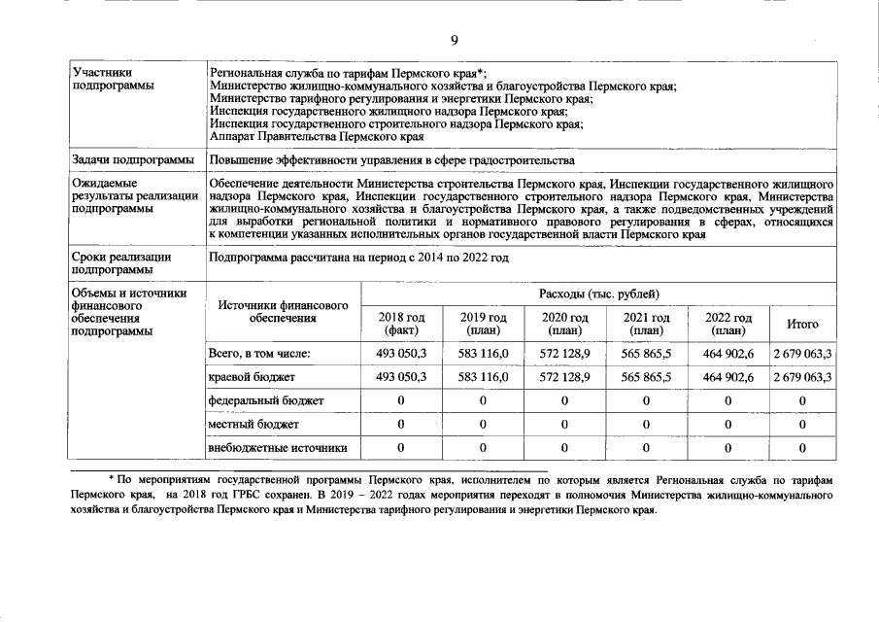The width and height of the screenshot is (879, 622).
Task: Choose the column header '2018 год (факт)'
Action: tap(401, 324)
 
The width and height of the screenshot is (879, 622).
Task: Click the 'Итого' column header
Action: tap(802, 325)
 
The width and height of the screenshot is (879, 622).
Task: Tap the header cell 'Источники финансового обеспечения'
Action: tap(283, 311)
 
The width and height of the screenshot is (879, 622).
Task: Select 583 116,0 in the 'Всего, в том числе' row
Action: tap(483, 353)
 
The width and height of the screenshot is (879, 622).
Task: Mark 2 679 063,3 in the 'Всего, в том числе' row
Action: tap(802, 353)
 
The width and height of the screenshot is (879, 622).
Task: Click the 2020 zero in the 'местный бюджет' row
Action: tap(564, 424)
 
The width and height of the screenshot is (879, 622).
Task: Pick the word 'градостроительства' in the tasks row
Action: tap(525, 160)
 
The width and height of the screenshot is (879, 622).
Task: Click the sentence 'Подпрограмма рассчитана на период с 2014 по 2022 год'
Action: tap(358, 257)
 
